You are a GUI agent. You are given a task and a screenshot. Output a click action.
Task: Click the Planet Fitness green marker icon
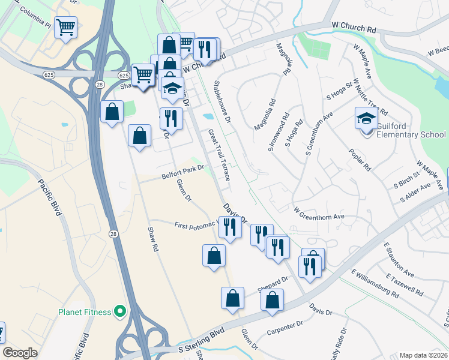click(x=119, y=311)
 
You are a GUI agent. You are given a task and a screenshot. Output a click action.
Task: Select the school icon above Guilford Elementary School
click(x=366, y=119)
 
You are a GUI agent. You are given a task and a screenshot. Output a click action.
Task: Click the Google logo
click(x=20, y=353)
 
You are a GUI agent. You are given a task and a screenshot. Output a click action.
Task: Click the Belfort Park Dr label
click(x=183, y=172)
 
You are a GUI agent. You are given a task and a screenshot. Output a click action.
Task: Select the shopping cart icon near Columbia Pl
click(x=66, y=28)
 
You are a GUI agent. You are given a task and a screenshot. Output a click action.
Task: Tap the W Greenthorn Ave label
click(x=318, y=212)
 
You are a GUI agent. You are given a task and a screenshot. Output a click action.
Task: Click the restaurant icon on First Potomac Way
click(x=230, y=227)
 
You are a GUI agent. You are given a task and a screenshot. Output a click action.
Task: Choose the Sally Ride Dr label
click(x=342, y=343)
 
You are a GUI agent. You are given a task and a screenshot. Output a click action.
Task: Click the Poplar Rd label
click(x=360, y=157)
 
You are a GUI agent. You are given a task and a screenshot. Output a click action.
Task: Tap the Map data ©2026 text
click(x=423, y=355)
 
